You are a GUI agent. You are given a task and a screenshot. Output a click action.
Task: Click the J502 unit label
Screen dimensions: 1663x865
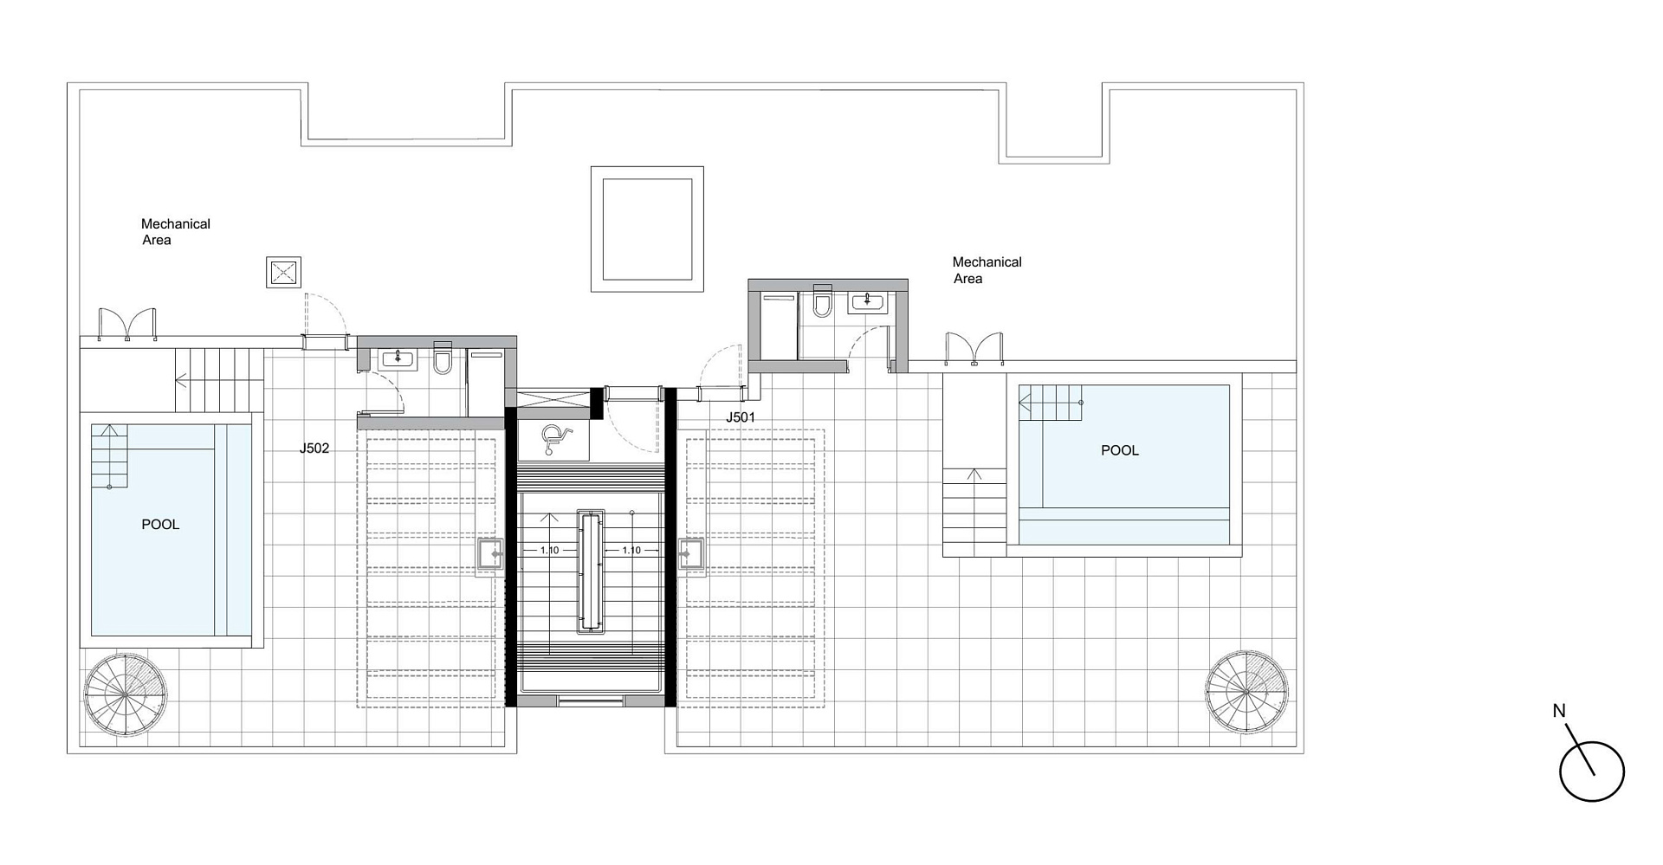tap(314, 449)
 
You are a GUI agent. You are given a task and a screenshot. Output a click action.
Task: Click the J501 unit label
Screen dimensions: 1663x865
tap(741, 417)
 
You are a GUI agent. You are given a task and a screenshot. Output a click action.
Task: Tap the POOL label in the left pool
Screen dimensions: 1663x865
tap(160, 525)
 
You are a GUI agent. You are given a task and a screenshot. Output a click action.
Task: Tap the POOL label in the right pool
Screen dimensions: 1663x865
tap(1120, 450)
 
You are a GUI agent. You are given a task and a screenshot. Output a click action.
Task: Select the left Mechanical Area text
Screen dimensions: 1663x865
tap(176, 232)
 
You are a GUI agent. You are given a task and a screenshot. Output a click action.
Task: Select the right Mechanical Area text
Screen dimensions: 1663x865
tap(987, 270)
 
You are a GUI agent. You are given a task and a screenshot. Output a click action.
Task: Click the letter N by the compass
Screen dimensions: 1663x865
tap(1559, 711)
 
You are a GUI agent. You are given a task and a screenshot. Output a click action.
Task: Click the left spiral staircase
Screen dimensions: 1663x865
tap(126, 694)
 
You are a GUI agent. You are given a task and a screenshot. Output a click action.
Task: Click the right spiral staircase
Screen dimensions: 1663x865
tap(1246, 692)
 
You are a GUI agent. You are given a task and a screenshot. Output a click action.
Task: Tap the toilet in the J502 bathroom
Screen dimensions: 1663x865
tap(443, 358)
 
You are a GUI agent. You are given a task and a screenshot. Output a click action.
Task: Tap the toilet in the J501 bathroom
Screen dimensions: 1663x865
tap(822, 301)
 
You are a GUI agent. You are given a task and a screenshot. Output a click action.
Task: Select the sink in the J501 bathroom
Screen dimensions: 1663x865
tap(867, 301)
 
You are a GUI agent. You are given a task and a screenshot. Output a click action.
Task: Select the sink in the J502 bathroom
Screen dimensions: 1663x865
tap(398, 358)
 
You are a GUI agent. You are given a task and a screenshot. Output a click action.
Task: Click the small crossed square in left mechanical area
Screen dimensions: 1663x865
tap(284, 273)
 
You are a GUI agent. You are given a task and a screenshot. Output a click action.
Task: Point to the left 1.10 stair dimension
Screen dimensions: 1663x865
tap(550, 551)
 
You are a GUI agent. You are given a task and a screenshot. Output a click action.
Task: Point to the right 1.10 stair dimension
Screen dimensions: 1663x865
tap(631, 551)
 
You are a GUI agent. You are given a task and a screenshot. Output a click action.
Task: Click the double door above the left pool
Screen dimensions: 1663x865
tap(127, 324)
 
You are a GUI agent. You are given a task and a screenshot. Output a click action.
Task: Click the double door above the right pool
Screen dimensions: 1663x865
tap(974, 349)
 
